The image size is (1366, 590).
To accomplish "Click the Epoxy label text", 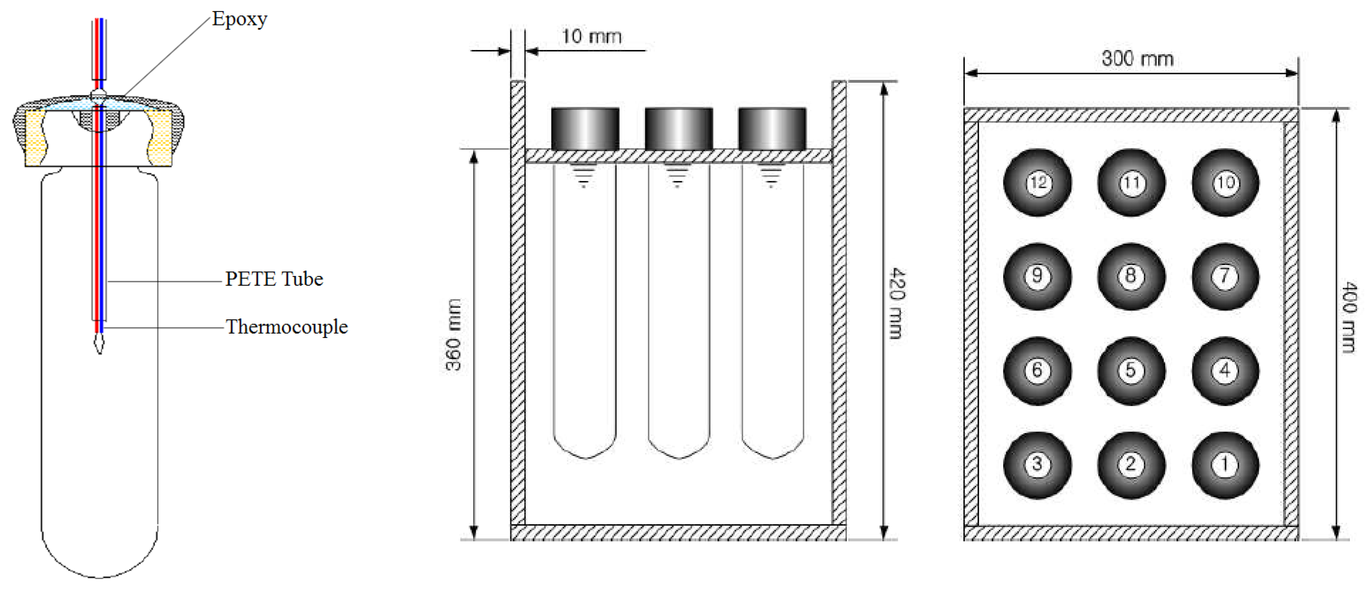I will [240, 19].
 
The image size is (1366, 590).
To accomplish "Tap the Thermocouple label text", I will [286, 327].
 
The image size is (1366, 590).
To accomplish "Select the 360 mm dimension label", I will [453, 335].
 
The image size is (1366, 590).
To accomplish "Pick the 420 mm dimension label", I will [896, 303].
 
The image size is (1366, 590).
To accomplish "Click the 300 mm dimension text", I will [1137, 58].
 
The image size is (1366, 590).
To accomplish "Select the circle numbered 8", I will [1131, 276].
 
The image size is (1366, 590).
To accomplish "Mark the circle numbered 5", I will [1131, 370].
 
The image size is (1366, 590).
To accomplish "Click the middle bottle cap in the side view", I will [679, 129].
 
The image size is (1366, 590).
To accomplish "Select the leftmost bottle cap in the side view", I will [585, 129].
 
